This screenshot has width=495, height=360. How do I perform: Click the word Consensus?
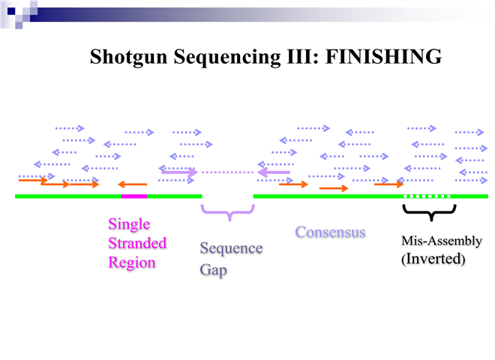pyautogui.click(x=330, y=232)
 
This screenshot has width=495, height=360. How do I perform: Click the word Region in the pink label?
pyautogui.click(x=131, y=262)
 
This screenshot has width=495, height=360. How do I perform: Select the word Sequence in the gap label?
pyautogui.click(x=231, y=248)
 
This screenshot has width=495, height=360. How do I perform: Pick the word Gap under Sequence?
pyautogui.click(x=212, y=269)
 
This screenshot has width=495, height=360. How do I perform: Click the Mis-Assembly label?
pyautogui.click(x=442, y=241)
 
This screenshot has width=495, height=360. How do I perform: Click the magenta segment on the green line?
pyautogui.click(x=134, y=196)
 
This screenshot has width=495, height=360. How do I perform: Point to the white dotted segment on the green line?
pyautogui.click(x=427, y=196)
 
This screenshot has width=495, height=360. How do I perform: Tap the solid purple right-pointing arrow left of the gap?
pyautogui.click(x=179, y=172)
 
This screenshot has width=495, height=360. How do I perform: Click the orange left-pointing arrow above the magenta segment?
pyautogui.click(x=133, y=183)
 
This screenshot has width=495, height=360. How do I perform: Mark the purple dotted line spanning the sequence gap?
pyautogui.click(x=228, y=172)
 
